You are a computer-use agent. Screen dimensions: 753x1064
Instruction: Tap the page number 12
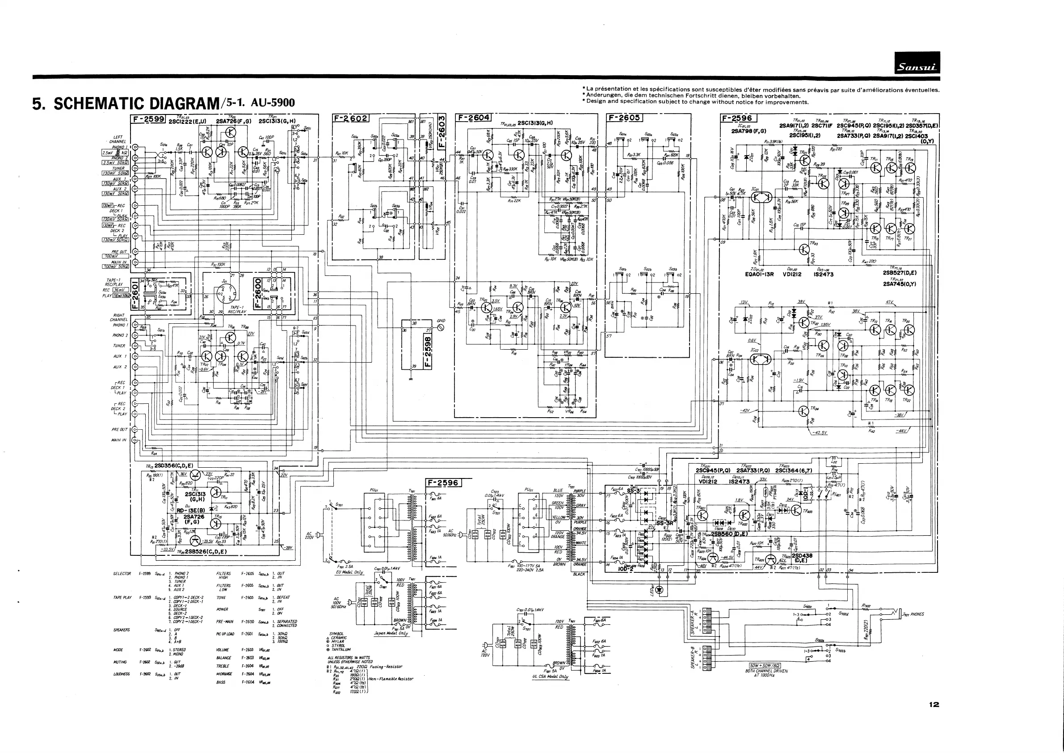click(x=934, y=704)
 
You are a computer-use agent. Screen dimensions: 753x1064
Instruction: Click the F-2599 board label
click(x=149, y=119)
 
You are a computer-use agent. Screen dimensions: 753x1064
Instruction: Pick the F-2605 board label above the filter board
click(x=624, y=118)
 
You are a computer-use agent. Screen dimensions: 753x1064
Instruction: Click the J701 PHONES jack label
click(x=913, y=614)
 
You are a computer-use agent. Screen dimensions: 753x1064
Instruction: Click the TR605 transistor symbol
click(x=771, y=560)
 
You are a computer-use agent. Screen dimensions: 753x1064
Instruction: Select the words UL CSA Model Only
click(x=551, y=677)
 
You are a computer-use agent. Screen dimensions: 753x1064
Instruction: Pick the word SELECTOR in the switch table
click(x=122, y=574)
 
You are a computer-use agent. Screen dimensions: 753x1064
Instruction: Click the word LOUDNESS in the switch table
click(x=122, y=674)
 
